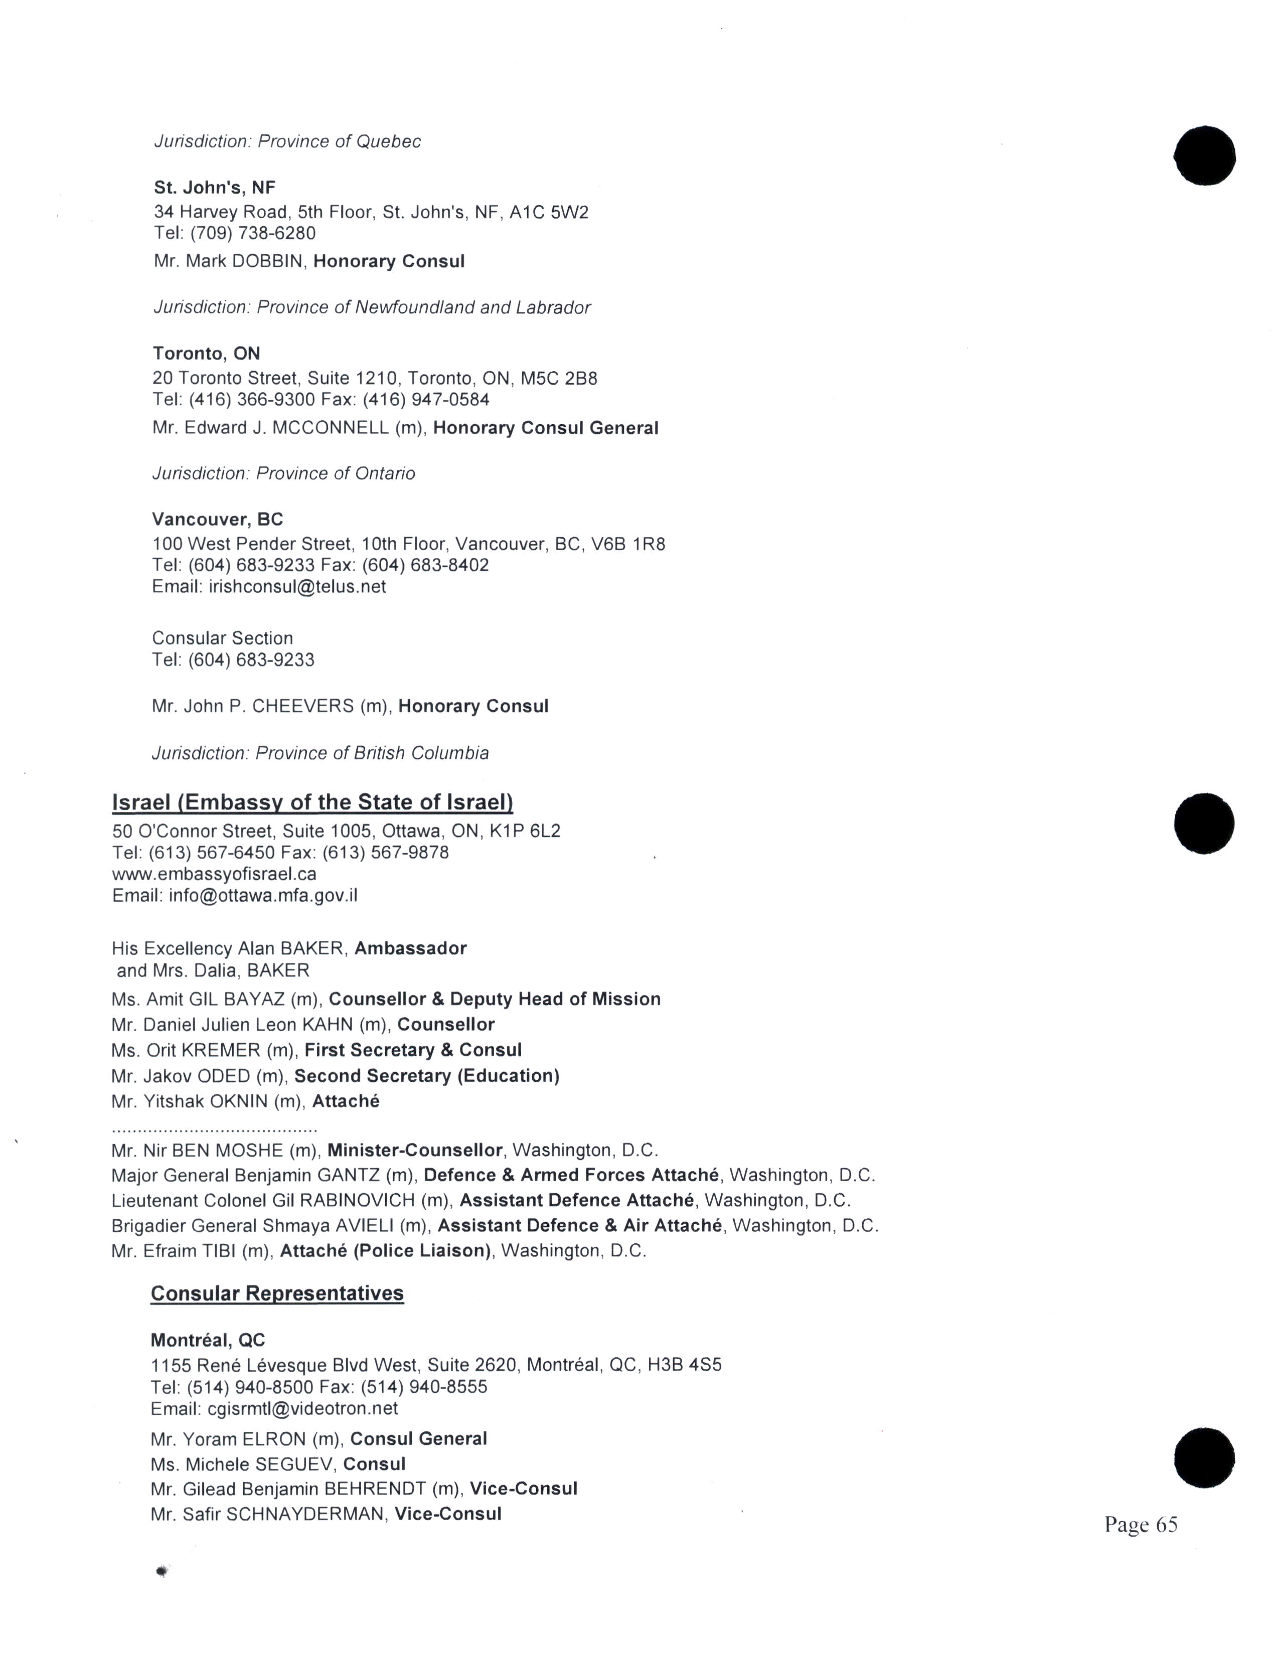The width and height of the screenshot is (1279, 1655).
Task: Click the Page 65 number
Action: [x=1141, y=1524]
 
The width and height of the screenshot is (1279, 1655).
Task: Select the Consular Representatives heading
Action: [x=277, y=1293]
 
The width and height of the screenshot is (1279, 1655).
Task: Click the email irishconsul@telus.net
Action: [x=297, y=587]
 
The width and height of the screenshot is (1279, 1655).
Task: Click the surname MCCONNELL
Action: [x=331, y=428]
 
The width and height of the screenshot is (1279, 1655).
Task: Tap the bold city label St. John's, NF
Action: [x=215, y=187]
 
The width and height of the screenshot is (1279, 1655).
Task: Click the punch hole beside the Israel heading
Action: [x=1204, y=823]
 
